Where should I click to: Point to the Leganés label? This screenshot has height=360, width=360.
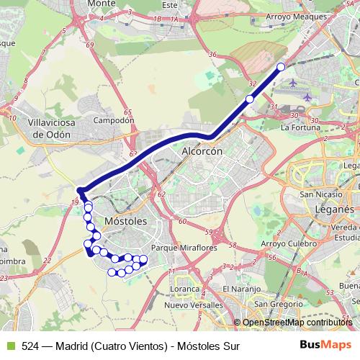(x=334, y=208)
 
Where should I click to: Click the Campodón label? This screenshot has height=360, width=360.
(x=114, y=121)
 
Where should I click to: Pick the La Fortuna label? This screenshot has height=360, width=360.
(x=300, y=127)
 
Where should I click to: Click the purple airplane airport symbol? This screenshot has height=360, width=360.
(x=308, y=97)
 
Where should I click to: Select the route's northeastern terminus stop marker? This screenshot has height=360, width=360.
(x=281, y=67)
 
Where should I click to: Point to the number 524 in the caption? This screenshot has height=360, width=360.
(x=30, y=346)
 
